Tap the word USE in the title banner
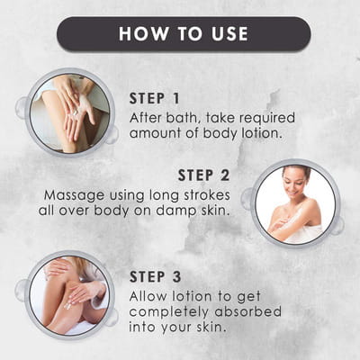pyautogui.click(x=229, y=33)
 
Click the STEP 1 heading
pyautogui.click(x=154, y=99)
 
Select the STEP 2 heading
pyautogui.click(x=204, y=175)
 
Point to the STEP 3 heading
pyautogui.click(x=156, y=276)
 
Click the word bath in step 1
pyautogui.click(x=184, y=118)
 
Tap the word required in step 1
pyautogui.click(x=267, y=118)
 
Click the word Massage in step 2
pyautogui.click(x=74, y=196)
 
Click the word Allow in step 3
pyautogui.click(x=148, y=296)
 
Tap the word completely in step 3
pyautogui.click(x=168, y=312)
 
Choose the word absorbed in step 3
pyautogui.click(x=248, y=311)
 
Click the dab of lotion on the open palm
pyautogui.click(x=76, y=112)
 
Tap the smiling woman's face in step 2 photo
pyautogui.click(x=293, y=183)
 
